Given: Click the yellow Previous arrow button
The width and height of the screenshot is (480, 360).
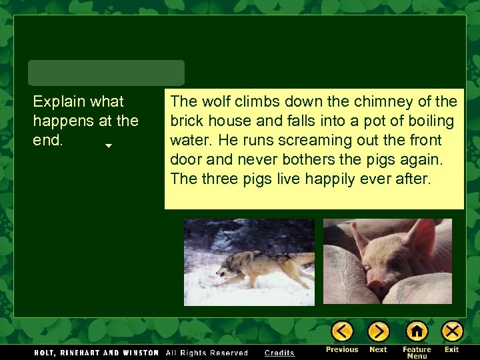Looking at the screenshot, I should click(342, 331).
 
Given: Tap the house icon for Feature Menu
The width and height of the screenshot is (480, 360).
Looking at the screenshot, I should click(417, 331).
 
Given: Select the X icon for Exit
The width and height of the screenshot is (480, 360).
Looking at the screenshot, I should click(452, 331).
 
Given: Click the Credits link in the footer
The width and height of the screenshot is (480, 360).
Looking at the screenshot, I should click(279, 353).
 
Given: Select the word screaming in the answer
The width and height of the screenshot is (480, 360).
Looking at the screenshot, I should click(293, 141).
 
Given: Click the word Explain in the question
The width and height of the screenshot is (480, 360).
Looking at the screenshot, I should click(60, 101).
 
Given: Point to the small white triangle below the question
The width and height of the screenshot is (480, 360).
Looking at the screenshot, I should click(108, 145).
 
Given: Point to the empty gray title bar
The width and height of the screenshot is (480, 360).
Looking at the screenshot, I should click(106, 73).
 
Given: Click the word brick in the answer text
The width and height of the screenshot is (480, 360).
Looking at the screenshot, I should click(186, 121).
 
